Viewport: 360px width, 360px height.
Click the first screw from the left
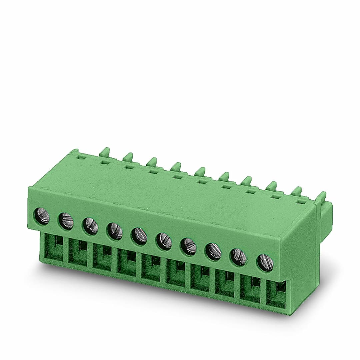tap(42, 216)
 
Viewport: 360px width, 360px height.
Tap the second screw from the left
tap(66, 221)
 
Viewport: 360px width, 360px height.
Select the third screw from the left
tap(90, 226)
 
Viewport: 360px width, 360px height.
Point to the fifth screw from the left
tap(139, 236)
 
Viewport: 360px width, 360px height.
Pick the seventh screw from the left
tap(188, 246)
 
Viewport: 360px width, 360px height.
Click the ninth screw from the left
tap(239, 257)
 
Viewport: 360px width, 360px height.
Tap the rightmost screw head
tap(265, 262)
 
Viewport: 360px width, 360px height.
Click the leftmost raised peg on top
tap(105, 152)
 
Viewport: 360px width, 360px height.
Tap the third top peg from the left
tap(152, 162)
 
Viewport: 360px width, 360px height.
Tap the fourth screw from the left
tap(115, 231)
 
